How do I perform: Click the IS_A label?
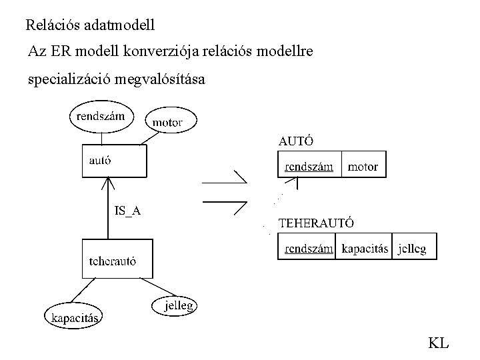127,211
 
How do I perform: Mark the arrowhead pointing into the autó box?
108,183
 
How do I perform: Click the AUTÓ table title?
296,141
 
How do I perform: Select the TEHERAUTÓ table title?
316,223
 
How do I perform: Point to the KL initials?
439,343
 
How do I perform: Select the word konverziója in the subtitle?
161,51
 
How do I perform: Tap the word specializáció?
69,79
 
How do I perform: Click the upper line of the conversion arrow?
225,183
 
